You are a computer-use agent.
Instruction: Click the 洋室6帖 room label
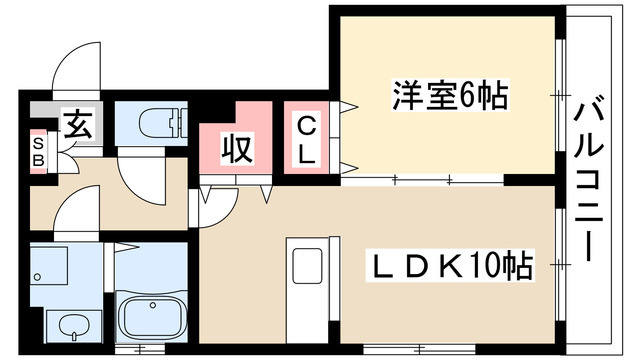pos(451,95)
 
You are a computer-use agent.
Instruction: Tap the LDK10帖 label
pos(450,265)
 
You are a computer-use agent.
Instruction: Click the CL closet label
pos(306,140)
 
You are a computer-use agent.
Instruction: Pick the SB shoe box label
pos(38,152)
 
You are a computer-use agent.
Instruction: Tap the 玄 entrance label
pos(78,124)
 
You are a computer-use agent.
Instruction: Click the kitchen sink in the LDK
pos(307,266)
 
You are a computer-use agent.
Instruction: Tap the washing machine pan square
pos(49,265)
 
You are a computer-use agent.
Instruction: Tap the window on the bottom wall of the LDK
pos(419,349)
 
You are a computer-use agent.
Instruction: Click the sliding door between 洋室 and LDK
pos(422,180)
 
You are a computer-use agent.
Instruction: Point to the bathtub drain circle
pos(153,305)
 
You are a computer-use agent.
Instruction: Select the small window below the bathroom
pos(140,349)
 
